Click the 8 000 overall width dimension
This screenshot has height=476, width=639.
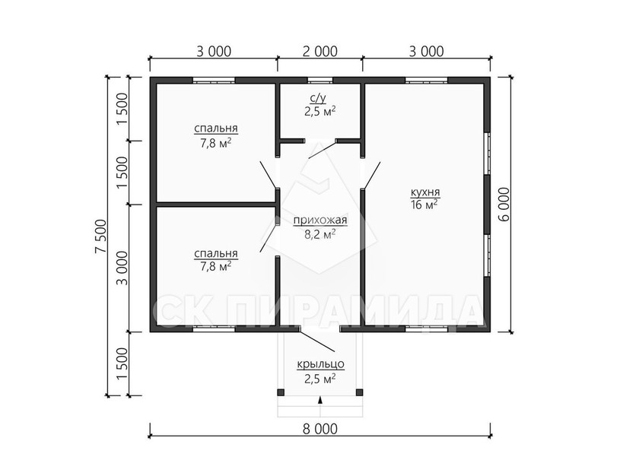pyautogui.click(x=320, y=429)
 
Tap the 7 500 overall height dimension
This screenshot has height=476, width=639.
pyautogui.click(x=100, y=236)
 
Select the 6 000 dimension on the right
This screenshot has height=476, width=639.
pyautogui.click(x=504, y=204)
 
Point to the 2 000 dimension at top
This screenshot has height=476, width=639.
pyautogui.click(x=320, y=51)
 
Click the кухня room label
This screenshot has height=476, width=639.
pyautogui.click(x=425, y=192)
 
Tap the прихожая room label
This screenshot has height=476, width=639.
pyautogui.click(x=320, y=221)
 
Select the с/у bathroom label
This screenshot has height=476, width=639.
pyautogui.click(x=318, y=98)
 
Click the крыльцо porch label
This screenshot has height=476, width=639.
pyautogui.click(x=320, y=364)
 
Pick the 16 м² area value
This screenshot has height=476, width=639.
pyautogui.click(x=424, y=205)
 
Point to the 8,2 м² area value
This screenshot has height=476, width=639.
pyautogui.click(x=320, y=233)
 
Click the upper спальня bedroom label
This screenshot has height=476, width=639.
pyautogui.click(x=215, y=129)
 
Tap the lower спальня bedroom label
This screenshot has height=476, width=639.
pyautogui.click(x=215, y=254)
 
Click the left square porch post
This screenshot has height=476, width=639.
pyautogui.click(x=281, y=392)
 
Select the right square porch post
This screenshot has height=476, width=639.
pyautogui.click(x=359, y=392)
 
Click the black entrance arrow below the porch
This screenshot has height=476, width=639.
pyautogui.click(x=320, y=400)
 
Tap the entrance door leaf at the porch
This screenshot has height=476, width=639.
pyautogui.click(x=317, y=341)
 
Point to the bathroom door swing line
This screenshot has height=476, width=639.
pyautogui.click(x=323, y=150)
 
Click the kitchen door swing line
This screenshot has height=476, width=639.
pyautogui.click(x=372, y=176)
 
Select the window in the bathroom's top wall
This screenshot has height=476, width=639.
pyautogui.click(x=320, y=80)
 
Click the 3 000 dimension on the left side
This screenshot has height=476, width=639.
pyautogui.click(x=122, y=268)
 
